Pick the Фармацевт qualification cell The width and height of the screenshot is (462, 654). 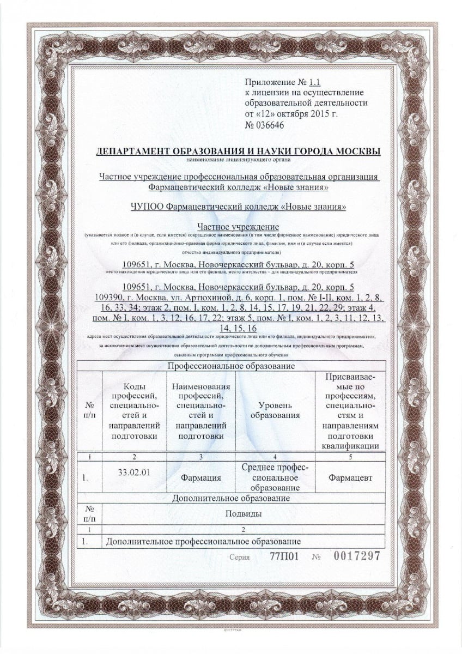(x=351, y=477)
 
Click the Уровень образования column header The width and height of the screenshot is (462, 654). (x=275, y=410)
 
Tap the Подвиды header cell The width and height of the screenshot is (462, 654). (x=242, y=513)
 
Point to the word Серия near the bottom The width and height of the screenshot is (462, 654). (x=240, y=558)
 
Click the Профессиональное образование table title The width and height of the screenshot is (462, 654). (x=231, y=366)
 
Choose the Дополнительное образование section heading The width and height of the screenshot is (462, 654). (x=230, y=498)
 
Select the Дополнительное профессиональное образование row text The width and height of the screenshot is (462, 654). (x=204, y=542)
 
